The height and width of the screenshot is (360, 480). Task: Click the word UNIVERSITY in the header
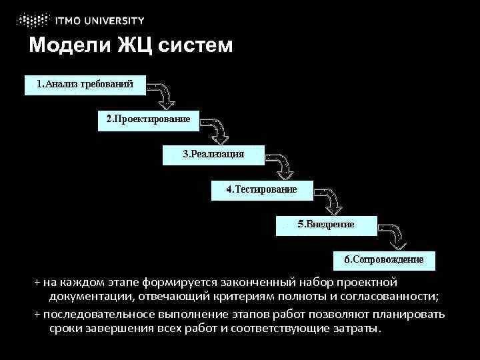click(x=118, y=19)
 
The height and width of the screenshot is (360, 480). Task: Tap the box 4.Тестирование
click(x=261, y=189)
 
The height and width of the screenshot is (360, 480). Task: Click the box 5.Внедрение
click(x=325, y=225)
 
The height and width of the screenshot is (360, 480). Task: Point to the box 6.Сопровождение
click(x=384, y=259)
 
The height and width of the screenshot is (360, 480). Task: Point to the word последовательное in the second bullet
click(x=91, y=314)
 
